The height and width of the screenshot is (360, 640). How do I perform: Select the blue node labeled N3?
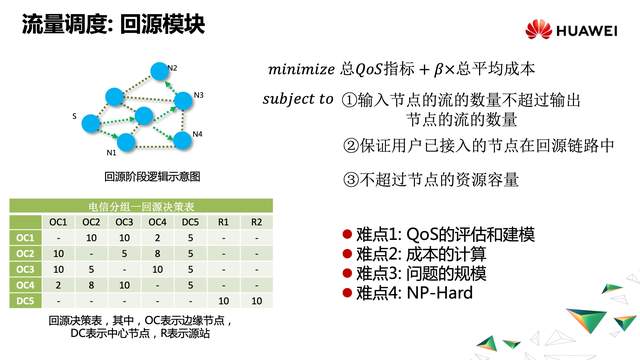(x=181, y=98)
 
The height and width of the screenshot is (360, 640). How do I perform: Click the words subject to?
(x=297, y=100)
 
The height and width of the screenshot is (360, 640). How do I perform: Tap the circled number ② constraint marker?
(x=350, y=147)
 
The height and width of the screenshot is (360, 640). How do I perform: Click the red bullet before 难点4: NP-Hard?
(x=347, y=294)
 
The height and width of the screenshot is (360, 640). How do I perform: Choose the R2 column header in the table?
(x=256, y=221)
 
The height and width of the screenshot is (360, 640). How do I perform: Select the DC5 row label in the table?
(x=26, y=301)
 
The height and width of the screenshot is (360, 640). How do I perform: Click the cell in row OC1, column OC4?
(x=157, y=237)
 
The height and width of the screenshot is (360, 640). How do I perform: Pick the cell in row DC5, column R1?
(x=223, y=301)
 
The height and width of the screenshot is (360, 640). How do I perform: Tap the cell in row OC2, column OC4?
(x=157, y=253)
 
